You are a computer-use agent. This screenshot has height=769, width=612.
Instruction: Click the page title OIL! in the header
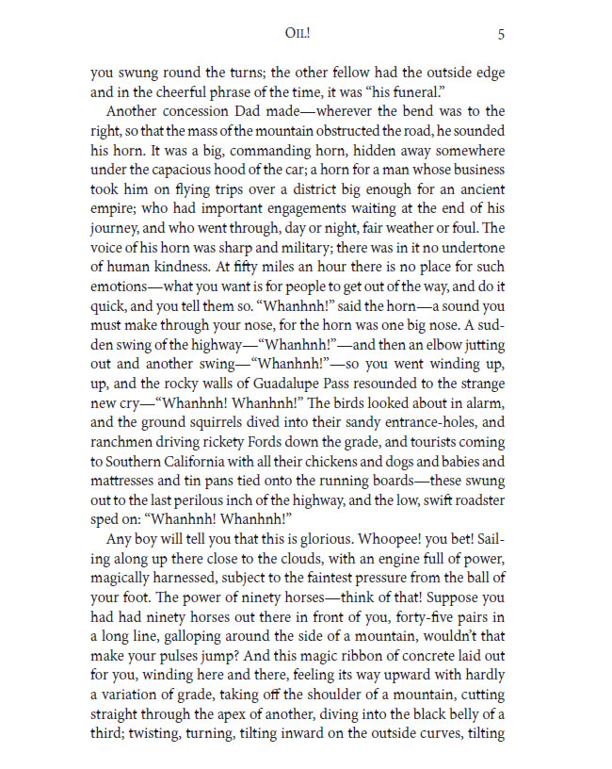300,35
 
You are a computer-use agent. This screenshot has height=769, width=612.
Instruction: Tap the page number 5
501,35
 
